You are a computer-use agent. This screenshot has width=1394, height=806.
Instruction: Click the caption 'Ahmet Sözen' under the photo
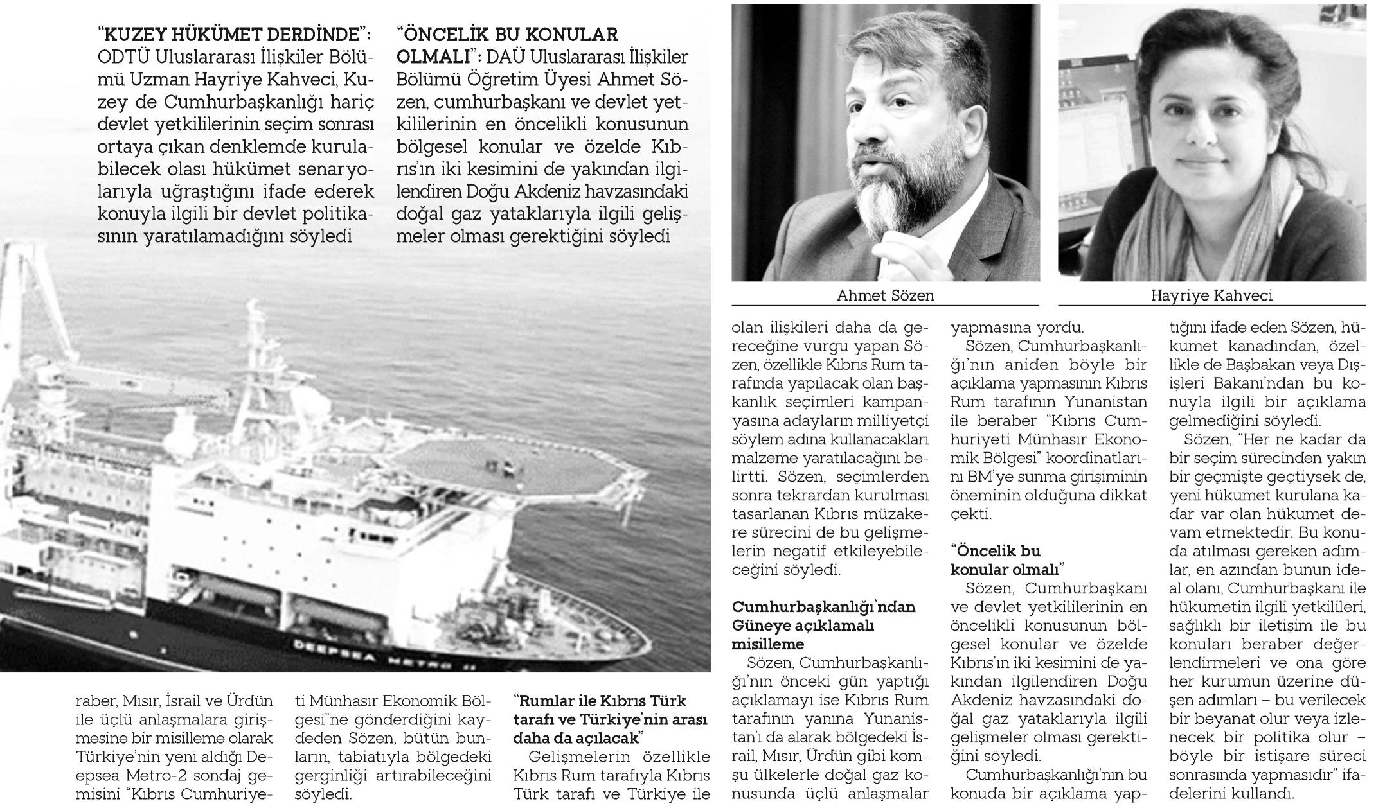(x=885, y=295)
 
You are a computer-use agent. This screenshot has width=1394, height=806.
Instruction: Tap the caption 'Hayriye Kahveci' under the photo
(x=1211, y=295)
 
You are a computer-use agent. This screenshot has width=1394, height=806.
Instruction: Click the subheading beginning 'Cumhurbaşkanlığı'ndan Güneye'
(x=823, y=625)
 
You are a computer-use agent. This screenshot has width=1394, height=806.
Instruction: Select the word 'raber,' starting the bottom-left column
(x=97, y=701)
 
